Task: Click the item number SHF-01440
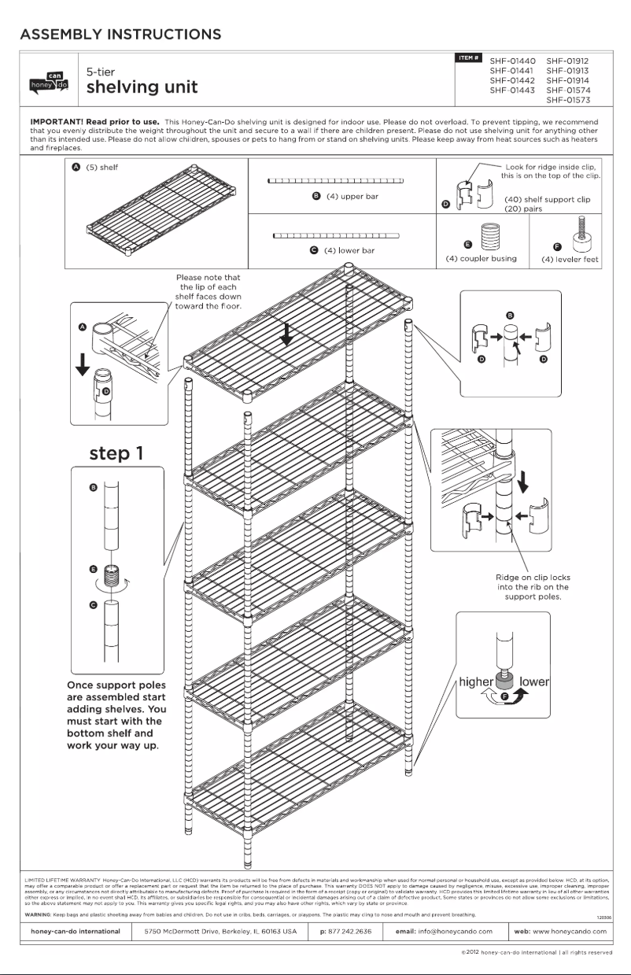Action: tap(512, 61)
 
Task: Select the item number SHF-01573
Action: tap(567, 100)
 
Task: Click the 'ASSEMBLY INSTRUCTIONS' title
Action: tap(120, 35)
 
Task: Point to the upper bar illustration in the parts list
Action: tap(336, 181)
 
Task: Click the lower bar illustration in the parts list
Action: tap(336, 235)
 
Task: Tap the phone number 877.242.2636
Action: tap(345, 931)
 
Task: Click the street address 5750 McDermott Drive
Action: tap(213, 931)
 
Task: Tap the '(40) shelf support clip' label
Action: tap(547, 200)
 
